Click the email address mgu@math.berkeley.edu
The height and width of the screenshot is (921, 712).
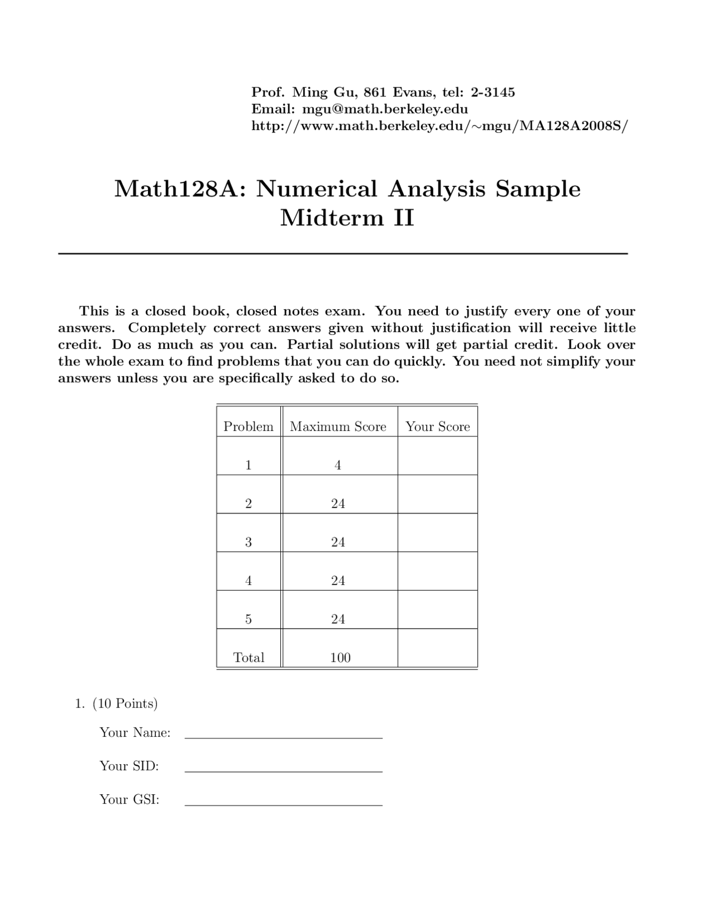[x=384, y=109]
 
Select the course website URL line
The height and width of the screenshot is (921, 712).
[x=439, y=126]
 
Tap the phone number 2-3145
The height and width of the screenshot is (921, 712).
[x=493, y=92]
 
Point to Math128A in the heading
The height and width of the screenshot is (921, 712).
[x=180, y=189]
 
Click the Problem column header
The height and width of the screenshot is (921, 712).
[x=248, y=427]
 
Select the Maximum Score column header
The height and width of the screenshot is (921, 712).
[x=338, y=427]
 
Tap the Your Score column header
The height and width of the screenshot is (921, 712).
[x=438, y=427]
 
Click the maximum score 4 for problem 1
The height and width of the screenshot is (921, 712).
[x=338, y=466]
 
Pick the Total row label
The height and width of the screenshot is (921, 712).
[x=249, y=657]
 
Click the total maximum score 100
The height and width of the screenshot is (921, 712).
[x=340, y=657]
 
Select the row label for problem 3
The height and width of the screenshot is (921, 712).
[x=248, y=542]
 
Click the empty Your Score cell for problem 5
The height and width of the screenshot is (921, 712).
[x=438, y=610]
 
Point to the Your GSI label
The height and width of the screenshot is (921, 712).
[x=129, y=800]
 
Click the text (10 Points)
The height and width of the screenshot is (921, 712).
[x=125, y=704]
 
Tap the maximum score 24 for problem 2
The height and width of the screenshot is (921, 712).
[x=338, y=504]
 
